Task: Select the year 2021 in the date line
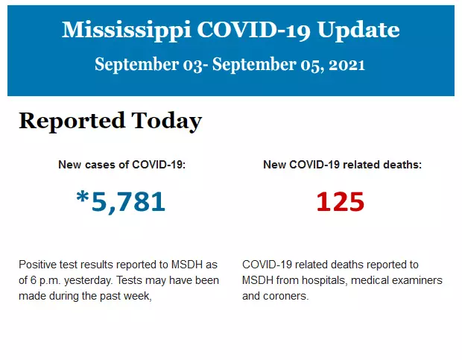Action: (348, 65)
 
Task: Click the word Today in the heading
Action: (166, 121)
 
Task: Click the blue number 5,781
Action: (127, 201)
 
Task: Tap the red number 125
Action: (340, 201)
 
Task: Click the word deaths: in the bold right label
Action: (401, 165)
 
